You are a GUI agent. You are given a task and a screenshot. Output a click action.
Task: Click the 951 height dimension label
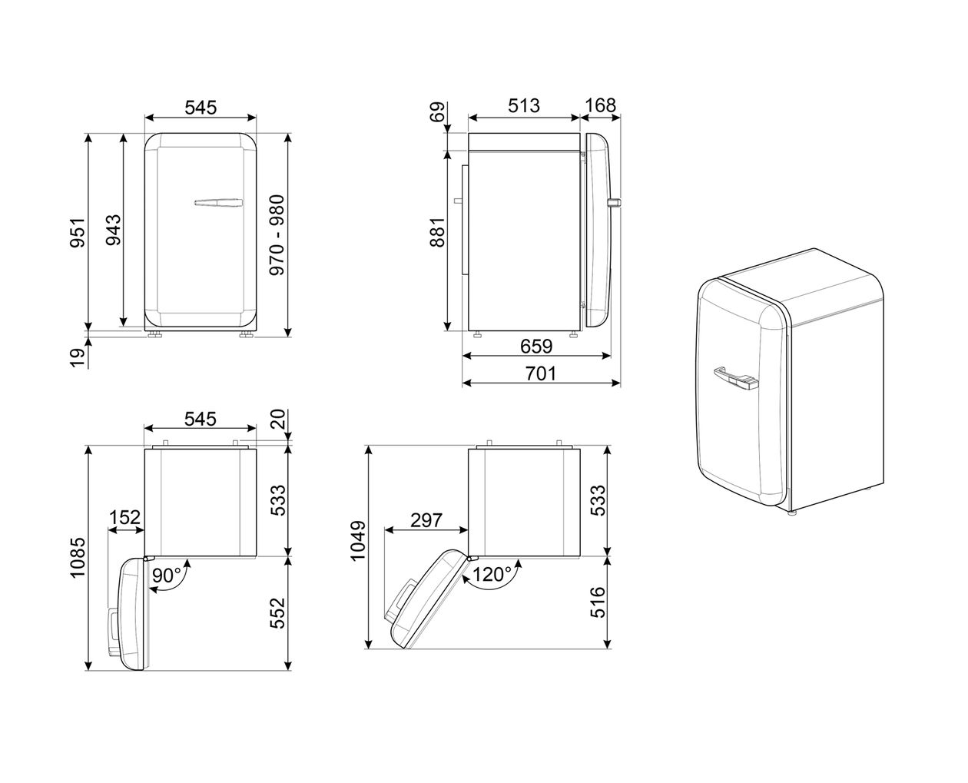pyautogui.click(x=78, y=231)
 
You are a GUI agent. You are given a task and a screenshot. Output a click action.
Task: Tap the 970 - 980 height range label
pyautogui.click(x=277, y=235)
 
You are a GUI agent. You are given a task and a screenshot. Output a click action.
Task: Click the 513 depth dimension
pyautogui.click(x=524, y=106)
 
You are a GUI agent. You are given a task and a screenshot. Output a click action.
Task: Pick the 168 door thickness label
pyautogui.click(x=601, y=106)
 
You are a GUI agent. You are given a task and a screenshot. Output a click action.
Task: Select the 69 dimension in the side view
pyautogui.click(x=438, y=112)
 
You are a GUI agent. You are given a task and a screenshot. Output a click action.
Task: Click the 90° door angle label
pyautogui.click(x=166, y=575)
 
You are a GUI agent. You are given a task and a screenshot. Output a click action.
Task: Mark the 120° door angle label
pyautogui.click(x=492, y=575)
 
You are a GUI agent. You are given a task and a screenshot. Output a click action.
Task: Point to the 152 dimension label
pyautogui.click(x=124, y=518)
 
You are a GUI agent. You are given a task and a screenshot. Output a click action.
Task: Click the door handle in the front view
pyautogui.click(x=218, y=204)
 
